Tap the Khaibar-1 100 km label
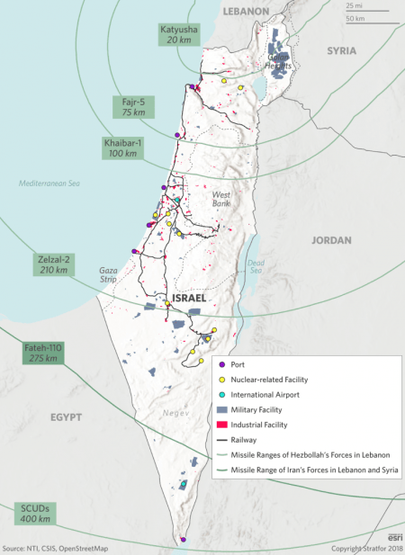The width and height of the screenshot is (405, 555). click(126, 148)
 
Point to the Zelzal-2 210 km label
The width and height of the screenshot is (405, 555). click(50, 264)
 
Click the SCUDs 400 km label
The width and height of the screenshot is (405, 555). click(35, 514)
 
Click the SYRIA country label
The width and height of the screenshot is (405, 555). click(342, 51)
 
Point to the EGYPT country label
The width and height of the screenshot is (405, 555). click(66, 417)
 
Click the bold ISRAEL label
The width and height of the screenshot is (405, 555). click(191, 297)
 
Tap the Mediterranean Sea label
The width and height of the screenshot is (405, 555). click(49, 184)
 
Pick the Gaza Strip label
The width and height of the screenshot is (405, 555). click(110, 273)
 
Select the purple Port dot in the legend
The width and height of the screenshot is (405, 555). click(220, 364)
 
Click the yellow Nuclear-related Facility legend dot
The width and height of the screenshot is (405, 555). click(220, 380)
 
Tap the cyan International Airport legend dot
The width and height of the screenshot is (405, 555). click(220, 395)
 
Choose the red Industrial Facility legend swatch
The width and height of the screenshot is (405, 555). click(220, 425)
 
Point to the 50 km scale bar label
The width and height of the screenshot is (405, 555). click(355, 18)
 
